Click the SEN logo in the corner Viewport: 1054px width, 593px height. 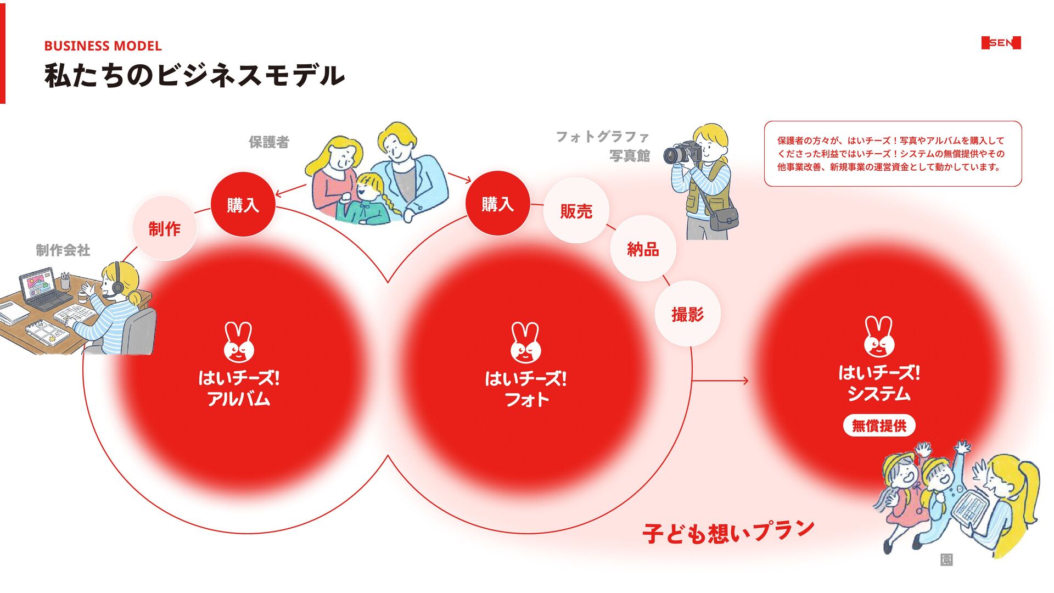[x=1001, y=43]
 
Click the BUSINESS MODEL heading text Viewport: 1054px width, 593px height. [x=103, y=46]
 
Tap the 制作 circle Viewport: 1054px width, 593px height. [x=164, y=228]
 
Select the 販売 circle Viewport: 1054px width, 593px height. [x=576, y=211]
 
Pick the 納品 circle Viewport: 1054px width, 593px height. [x=643, y=249]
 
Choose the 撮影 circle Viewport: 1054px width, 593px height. [x=687, y=314]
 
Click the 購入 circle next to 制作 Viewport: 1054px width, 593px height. [x=243, y=205]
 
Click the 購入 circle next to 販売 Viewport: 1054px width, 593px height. [x=497, y=204]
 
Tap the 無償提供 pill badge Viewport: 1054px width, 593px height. [x=879, y=426]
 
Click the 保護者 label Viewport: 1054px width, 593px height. [x=269, y=142]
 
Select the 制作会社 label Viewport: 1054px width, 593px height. [x=63, y=250]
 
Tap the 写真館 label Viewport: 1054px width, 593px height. [x=629, y=156]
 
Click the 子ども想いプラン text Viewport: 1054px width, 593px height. [x=728, y=532]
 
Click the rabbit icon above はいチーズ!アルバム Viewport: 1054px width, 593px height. [x=239, y=342]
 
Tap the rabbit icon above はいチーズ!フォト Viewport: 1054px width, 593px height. [x=525, y=343]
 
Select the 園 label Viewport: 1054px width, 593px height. [x=946, y=560]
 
